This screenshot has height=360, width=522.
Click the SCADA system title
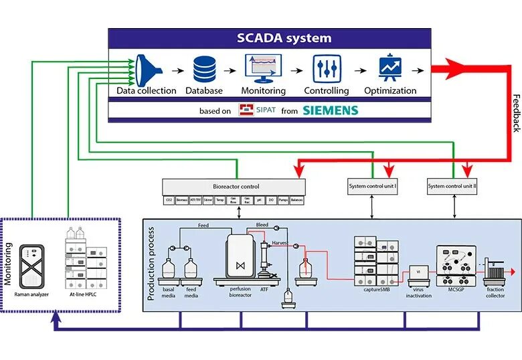284,38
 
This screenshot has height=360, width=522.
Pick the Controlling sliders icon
327,69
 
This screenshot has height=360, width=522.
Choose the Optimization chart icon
389,68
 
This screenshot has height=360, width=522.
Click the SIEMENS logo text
330,110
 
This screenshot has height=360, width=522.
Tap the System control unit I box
372,186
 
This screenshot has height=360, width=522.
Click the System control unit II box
452,186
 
